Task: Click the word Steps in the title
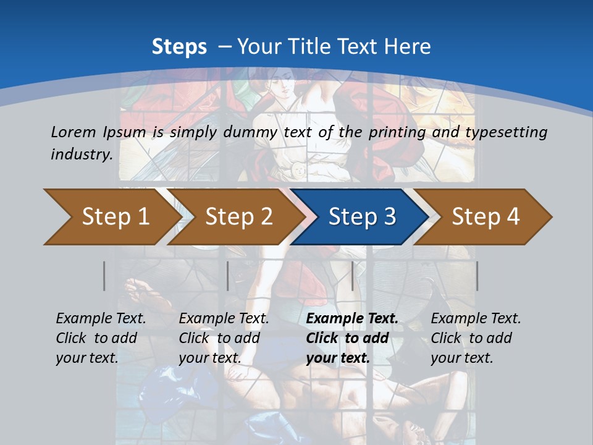pos(179,46)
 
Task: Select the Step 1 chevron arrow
pos(111,216)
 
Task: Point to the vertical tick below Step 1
pos(104,276)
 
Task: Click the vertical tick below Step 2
pos(228,276)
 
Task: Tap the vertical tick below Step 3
pos(353,276)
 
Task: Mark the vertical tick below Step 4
pos(477,276)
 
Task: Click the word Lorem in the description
pos(74,132)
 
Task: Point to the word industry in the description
pos(82,154)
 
